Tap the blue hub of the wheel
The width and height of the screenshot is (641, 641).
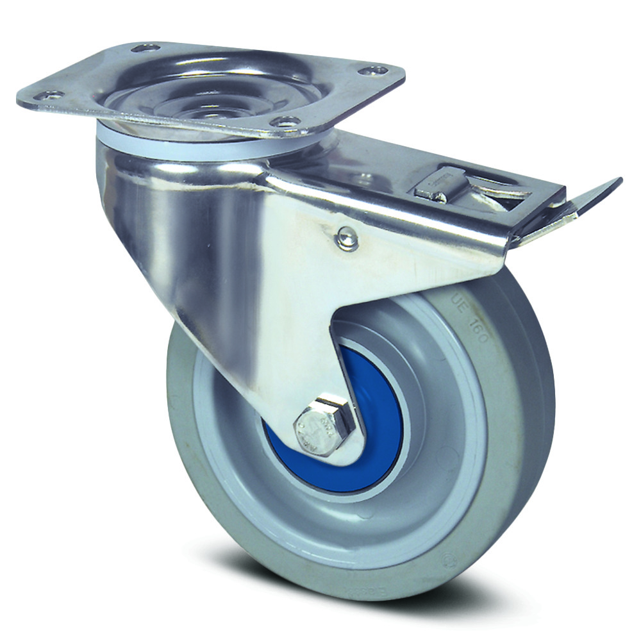pyautogui.click(x=378, y=410)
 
